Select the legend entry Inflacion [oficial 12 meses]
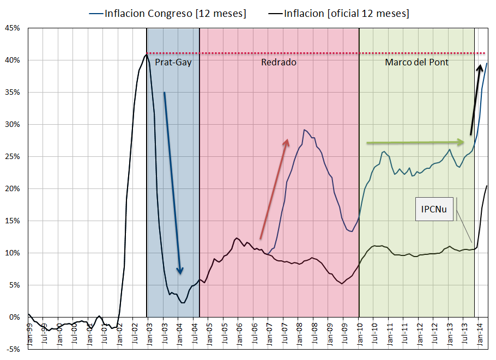343,13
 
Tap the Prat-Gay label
173,62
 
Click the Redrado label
279,62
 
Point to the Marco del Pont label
416,62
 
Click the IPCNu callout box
434,210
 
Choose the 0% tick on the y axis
14,317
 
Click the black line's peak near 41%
146,54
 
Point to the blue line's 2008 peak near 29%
304,130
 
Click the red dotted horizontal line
316,53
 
